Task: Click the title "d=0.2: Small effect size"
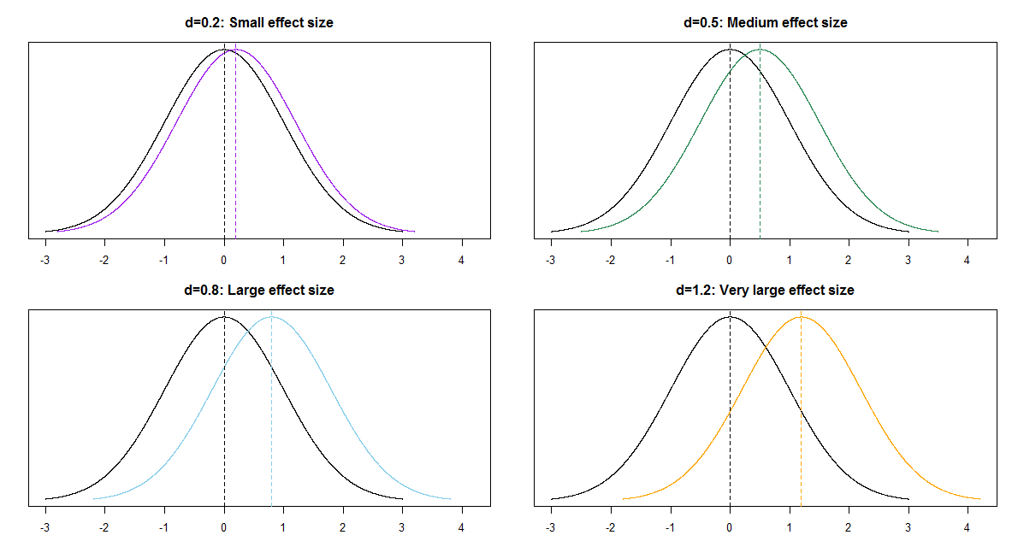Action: pos(258,23)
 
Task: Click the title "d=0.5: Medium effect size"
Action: pos(765,23)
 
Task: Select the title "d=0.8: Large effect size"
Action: pos(258,291)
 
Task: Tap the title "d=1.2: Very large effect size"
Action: pos(765,291)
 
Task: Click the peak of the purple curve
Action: pos(236,50)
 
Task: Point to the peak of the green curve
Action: pos(760,50)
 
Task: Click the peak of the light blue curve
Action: pos(271,317)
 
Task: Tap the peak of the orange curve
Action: pos(801,317)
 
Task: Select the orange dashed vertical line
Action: pos(801,410)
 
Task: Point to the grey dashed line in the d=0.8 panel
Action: pos(271,410)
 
